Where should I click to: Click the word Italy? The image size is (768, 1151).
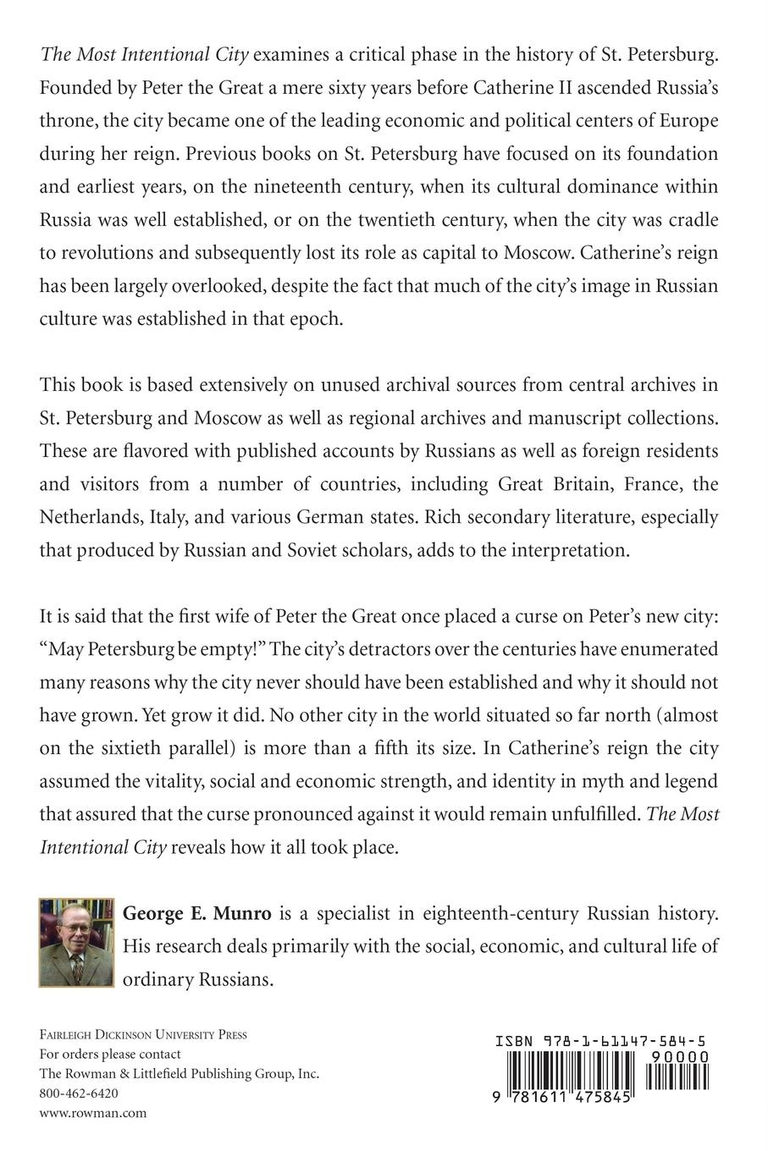174,516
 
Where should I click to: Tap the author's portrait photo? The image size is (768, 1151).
76,941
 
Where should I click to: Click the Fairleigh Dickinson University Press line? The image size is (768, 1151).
143,1034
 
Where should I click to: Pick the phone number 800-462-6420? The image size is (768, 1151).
79,1093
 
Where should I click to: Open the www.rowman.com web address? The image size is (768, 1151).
93,1113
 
